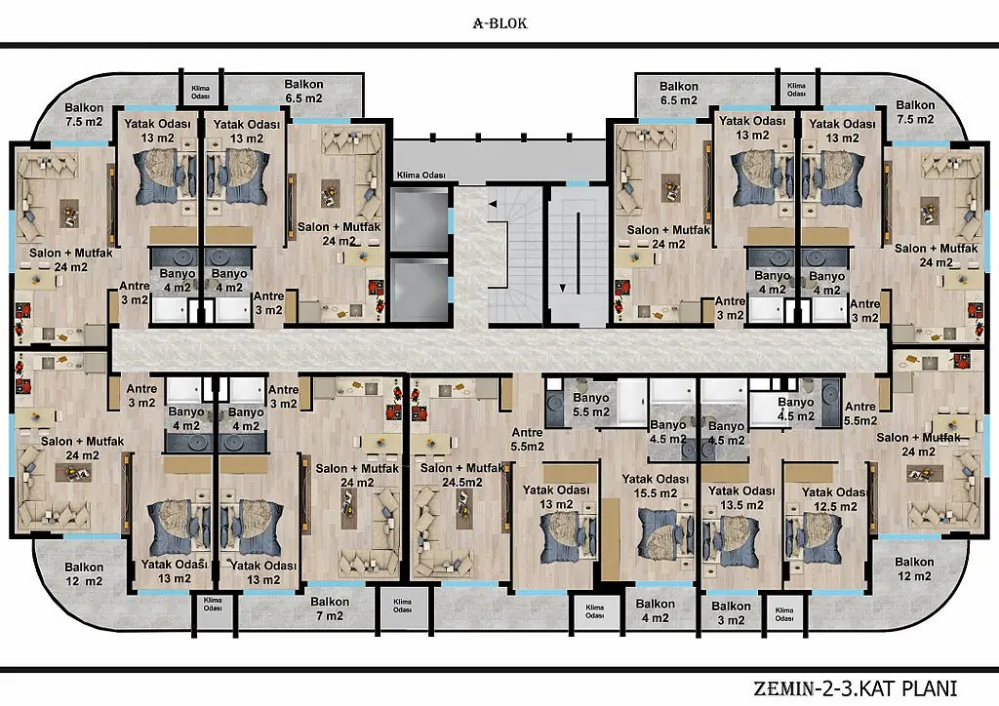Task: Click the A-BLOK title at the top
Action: coord(500,23)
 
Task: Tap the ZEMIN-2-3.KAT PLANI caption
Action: coord(855,688)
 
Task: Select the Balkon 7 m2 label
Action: coord(330,608)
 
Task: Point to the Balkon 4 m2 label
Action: coord(655,610)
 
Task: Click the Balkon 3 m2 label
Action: coord(731,613)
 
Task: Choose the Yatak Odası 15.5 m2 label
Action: coord(655,486)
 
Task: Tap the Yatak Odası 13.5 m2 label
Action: coord(741,498)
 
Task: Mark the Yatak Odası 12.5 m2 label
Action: coord(834,499)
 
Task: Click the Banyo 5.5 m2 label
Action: coord(590,405)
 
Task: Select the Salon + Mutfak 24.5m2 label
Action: coord(461,475)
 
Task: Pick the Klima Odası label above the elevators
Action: coord(421,176)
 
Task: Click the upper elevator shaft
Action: coord(420,219)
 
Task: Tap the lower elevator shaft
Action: coord(420,290)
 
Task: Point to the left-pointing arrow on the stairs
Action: coord(493,204)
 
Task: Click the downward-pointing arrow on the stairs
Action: coord(563,288)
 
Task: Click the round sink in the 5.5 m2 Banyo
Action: coord(554,401)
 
